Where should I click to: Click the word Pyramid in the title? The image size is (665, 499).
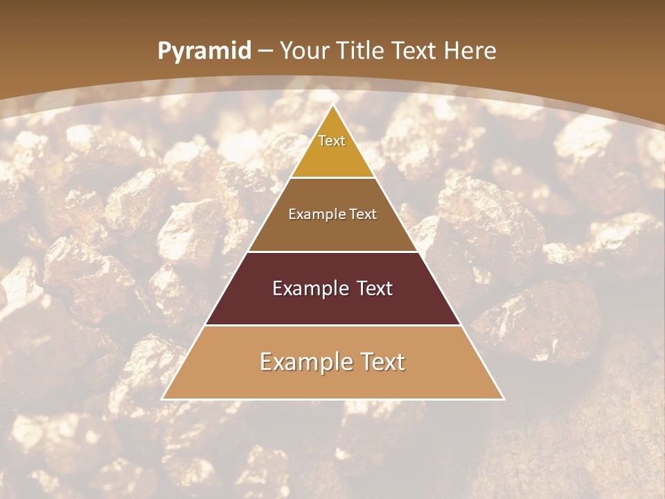tap(204, 51)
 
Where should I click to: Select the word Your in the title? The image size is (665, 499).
tap(305, 51)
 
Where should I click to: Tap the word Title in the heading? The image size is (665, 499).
tap(361, 51)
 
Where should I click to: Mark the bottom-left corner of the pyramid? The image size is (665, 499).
tap(163, 399)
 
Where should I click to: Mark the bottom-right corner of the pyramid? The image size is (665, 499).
tap(504, 399)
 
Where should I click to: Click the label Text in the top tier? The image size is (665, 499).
tap(332, 141)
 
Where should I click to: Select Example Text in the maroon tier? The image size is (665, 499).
tap(332, 288)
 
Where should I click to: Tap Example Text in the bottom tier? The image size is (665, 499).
tap(332, 362)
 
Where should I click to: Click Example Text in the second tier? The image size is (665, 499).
tap(332, 214)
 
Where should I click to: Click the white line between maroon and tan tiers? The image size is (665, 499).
tap(332, 325)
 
